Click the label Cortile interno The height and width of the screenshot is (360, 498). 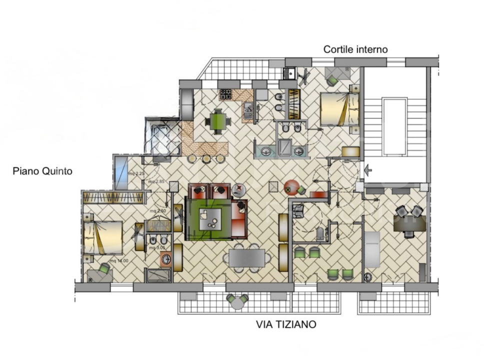point(355,49)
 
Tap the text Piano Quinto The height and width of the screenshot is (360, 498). point(42,171)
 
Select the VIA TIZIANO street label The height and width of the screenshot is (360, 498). point(286,324)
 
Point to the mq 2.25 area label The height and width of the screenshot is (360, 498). point(136,173)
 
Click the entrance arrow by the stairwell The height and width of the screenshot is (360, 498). point(368,170)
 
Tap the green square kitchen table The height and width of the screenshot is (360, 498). point(217,120)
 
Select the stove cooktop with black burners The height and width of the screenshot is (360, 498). point(225,94)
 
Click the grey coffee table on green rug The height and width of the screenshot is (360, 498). point(210,219)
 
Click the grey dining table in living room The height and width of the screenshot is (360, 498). point(247,258)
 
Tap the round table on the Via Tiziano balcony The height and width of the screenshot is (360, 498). point(237,300)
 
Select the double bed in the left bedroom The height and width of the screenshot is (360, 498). point(103,237)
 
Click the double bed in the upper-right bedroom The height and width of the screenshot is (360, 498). point(339,108)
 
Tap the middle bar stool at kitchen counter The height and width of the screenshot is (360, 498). point(206,158)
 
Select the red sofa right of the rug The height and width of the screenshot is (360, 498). point(239,219)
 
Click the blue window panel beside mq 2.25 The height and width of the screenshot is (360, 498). point(121,173)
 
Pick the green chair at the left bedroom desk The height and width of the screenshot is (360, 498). point(104,268)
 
